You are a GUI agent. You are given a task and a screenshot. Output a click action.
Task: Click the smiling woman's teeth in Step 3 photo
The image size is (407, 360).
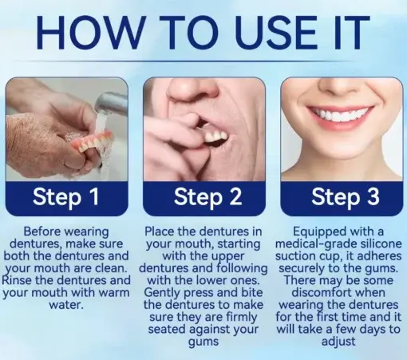[x=340, y=117]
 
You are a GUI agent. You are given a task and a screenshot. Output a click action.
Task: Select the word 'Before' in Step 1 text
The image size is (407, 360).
[x=45, y=231]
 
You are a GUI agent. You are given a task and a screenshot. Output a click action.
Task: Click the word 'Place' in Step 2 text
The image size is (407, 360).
[x=163, y=231]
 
